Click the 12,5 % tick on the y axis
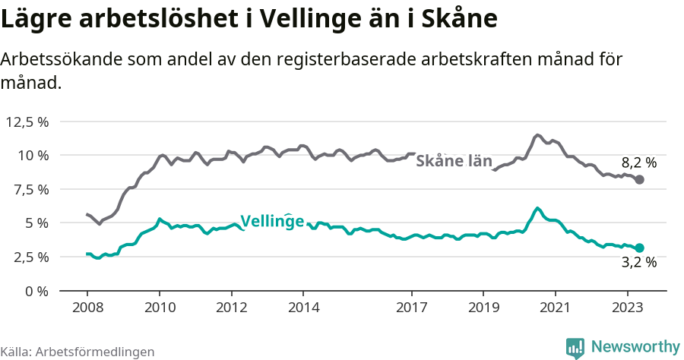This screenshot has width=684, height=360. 27,122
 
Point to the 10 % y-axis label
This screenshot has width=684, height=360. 33,155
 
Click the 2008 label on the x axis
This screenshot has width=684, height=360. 87,308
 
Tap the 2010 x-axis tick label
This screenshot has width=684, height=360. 159,308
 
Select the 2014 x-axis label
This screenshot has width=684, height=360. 302,308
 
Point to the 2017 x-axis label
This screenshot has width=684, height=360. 411,308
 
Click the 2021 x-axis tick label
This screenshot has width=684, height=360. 555,308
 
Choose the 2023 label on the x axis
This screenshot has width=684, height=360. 627,308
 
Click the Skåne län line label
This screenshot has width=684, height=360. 454,161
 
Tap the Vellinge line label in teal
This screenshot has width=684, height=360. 272,221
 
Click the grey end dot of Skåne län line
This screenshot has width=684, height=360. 639,179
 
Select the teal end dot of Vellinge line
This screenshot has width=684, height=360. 639,248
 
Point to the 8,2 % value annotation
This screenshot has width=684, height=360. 638,162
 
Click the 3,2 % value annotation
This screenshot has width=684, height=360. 638,263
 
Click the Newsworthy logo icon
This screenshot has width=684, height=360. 575,347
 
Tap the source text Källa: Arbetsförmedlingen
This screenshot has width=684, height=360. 78,352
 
